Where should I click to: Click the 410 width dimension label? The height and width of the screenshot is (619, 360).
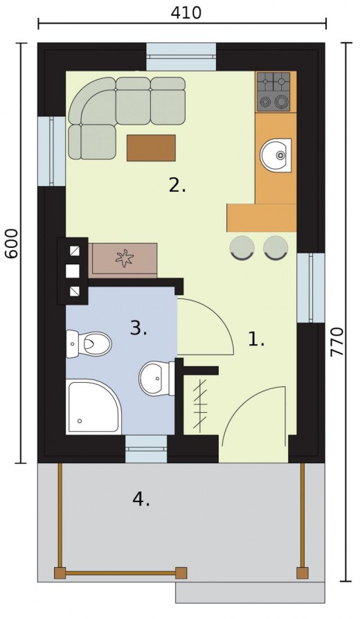click(186, 12)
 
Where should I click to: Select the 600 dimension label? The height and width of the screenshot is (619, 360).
click(12, 244)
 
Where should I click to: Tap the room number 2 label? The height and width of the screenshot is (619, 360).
click(177, 185)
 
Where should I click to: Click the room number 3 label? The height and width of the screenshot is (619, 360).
click(138, 328)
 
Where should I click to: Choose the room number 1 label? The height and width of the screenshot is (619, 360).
click(255, 339)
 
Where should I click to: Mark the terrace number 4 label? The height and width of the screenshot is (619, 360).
click(141, 500)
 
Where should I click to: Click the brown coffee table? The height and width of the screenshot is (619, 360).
click(151, 147)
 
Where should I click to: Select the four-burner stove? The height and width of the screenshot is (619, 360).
click(273, 91)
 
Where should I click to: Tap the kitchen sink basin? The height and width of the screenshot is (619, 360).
click(276, 156)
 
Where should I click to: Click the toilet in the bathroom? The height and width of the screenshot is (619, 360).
click(89, 344)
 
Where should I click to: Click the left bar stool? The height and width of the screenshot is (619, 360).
click(242, 248)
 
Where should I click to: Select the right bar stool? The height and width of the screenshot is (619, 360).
click(276, 248)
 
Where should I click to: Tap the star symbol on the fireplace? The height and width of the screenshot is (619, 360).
click(124, 258)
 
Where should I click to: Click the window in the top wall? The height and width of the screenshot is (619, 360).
click(181, 57)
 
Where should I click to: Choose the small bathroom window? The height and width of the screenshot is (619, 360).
click(146, 449)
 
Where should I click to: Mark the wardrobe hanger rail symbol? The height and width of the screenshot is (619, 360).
click(201, 405)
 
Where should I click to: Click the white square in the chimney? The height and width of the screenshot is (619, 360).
click(73, 271)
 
